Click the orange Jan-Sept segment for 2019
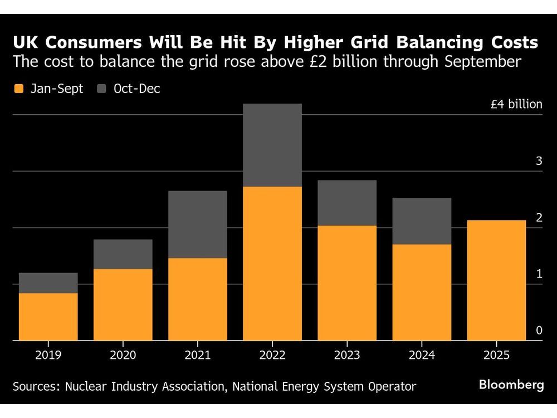click(x=48, y=316)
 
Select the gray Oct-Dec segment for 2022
click(x=272, y=145)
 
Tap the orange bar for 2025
click(x=496, y=280)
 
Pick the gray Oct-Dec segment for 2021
click(x=198, y=224)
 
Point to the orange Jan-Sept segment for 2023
click(x=347, y=283)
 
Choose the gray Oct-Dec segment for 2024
click(x=422, y=221)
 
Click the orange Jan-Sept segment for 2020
click(x=123, y=304)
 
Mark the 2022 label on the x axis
click(x=272, y=355)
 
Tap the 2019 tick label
click(x=48, y=355)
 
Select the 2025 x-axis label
click(x=496, y=355)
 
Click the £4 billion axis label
click(x=516, y=104)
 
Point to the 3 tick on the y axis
click(x=539, y=161)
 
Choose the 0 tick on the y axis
click(x=539, y=330)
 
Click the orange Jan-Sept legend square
click(x=19, y=89)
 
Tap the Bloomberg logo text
click(x=511, y=385)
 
